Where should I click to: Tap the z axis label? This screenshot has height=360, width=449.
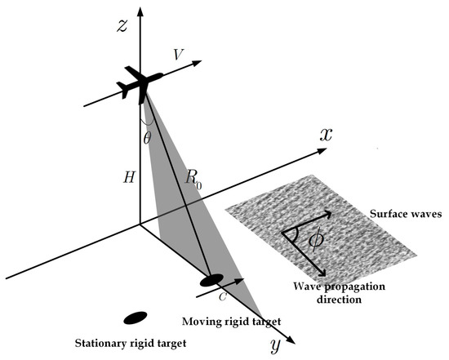122,24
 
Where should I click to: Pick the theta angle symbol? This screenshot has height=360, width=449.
147,138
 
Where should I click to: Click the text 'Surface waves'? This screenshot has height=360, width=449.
402,215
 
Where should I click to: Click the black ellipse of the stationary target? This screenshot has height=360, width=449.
134,318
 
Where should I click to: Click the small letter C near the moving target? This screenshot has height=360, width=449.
221,297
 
